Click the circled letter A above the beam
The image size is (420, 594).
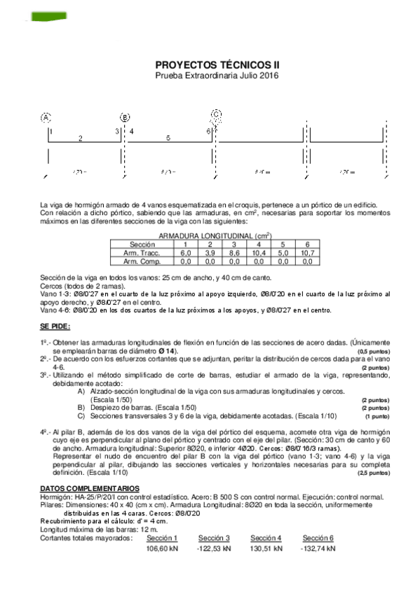click(47, 118)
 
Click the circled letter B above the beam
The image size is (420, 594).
click(125, 118)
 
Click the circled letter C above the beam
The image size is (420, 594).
click(216, 114)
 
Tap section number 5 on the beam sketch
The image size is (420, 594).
click(168, 139)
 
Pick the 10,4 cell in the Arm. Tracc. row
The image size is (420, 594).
click(259, 252)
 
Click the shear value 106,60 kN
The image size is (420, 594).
click(163, 549)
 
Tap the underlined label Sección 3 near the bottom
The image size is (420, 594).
click(214, 538)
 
